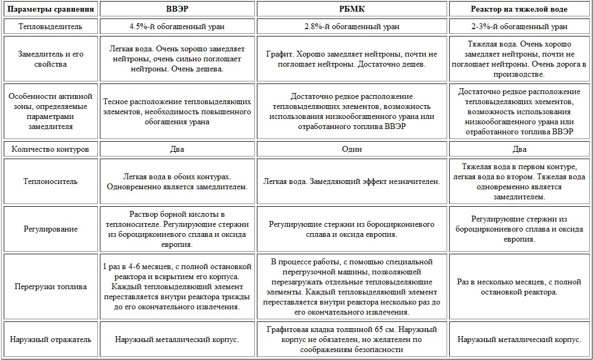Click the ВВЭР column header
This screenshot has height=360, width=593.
click(x=177, y=10)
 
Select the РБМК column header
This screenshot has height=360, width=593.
click(x=352, y=10)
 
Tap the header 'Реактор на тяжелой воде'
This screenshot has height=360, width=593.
click(x=520, y=10)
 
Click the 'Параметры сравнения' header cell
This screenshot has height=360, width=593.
click(x=51, y=10)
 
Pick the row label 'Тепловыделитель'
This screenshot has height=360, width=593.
click(x=51, y=26)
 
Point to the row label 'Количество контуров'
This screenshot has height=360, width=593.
click(x=51, y=149)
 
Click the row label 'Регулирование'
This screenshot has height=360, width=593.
click(x=51, y=229)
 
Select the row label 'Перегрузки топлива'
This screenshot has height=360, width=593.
click(x=51, y=287)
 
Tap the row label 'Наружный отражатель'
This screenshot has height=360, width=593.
click(x=51, y=339)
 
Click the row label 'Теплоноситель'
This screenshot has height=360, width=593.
click(x=51, y=181)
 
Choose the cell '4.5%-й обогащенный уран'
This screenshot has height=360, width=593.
click(x=177, y=26)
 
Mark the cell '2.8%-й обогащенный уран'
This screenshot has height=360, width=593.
click(x=352, y=26)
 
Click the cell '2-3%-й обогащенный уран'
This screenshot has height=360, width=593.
click(x=520, y=26)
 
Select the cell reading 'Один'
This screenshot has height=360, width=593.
click(x=352, y=149)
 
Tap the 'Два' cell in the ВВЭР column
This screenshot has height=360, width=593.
click(x=177, y=149)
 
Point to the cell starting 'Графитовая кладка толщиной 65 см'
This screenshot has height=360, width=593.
click(x=352, y=339)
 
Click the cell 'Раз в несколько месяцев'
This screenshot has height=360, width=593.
click(x=520, y=287)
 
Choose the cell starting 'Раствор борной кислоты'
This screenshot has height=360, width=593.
click(x=177, y=229)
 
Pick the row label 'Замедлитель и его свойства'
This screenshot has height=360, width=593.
click(x=51, y=59)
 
